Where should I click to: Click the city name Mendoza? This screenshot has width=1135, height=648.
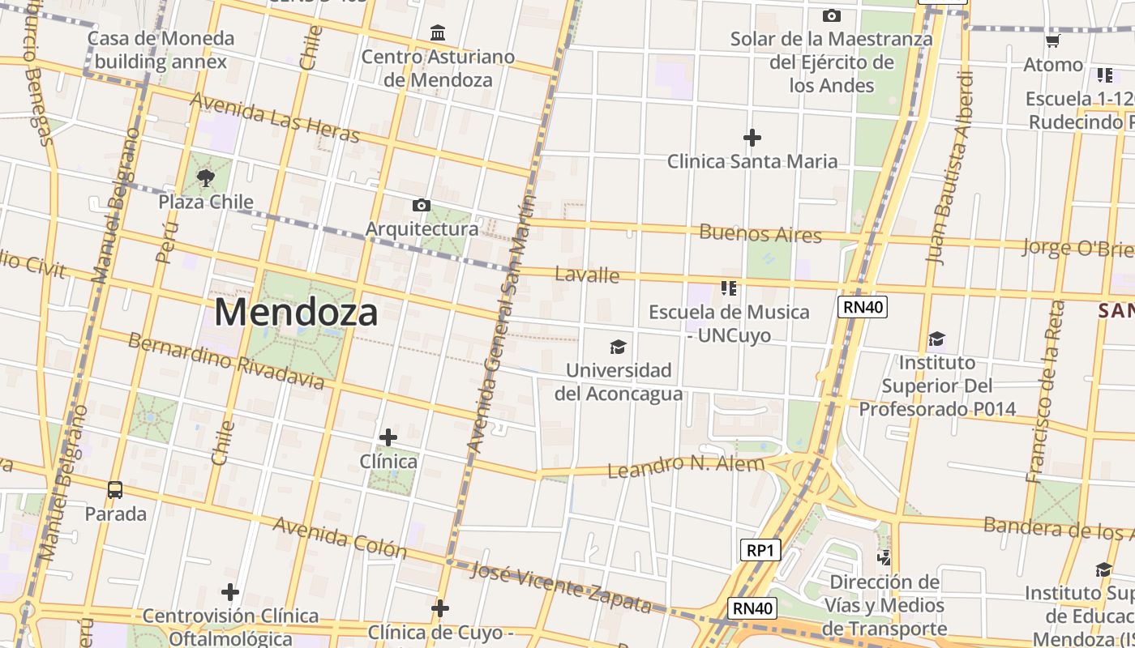click(x=296, y=313)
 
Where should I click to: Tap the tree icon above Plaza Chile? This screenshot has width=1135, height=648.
click(x=206, y=177)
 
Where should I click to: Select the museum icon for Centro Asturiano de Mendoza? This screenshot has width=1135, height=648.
click(x=439, y=33)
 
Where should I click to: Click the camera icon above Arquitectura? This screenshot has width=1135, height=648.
click(x=422, y=205)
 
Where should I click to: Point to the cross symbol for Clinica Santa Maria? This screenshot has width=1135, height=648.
click(x=752, y=138)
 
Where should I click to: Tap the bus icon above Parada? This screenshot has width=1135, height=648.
click(x=115, y=489)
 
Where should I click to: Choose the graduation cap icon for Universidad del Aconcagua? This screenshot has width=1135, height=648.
click(x=619, y=347)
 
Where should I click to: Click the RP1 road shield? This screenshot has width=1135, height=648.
click(x=760, y=550)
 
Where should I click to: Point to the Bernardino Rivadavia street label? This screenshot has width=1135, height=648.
click(x=226, y=360)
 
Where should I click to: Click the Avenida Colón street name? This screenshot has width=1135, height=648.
click(x=340, y=537)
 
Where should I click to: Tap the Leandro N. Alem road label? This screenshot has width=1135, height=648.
click(x=686, y=466)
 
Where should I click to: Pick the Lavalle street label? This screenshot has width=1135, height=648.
click(x=587, y=275)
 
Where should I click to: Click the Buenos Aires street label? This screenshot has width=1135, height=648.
click(x=760, y=234)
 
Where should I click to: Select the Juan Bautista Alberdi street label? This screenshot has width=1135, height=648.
click(x=951, y=168)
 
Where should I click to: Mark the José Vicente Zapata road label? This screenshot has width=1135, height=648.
click(x=561, y=586)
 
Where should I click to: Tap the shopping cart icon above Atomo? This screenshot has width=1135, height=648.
click(x=1053, y=40)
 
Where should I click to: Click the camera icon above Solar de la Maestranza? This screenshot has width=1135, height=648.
click(x=831, y=15)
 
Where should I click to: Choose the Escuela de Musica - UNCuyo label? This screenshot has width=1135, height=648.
click(x=729, y=323)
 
